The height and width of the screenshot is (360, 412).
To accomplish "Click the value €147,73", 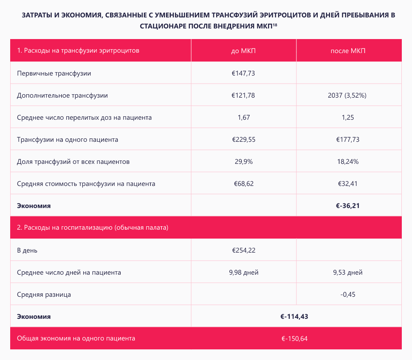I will click(243, 73).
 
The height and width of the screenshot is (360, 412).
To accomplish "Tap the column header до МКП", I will click(243, 51).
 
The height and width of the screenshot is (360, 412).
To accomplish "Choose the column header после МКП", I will click(348, 51).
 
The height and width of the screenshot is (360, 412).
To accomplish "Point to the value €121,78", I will click(243, 96).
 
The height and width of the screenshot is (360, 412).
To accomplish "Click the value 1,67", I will click(243, 118).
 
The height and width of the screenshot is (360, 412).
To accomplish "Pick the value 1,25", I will click(348, 118).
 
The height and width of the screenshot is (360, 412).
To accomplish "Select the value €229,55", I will click(243, 140).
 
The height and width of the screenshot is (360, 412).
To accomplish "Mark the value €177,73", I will click(348, 140).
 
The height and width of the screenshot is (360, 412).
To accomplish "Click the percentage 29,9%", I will click(243, 162).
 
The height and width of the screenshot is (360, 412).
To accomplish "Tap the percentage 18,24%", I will click(348, 162).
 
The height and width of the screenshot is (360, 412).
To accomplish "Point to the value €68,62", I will click(243, 184).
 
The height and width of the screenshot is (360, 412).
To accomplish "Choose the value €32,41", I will click(348, 184).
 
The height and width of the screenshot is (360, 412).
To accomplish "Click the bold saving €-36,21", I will click(348, 206).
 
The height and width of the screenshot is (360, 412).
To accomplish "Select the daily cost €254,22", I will click(243, 250).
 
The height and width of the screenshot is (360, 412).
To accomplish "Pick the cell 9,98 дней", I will click(243, 273).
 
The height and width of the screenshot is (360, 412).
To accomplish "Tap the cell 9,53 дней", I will click(348, 273).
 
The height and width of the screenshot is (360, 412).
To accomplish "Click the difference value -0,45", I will click(348, 295).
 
